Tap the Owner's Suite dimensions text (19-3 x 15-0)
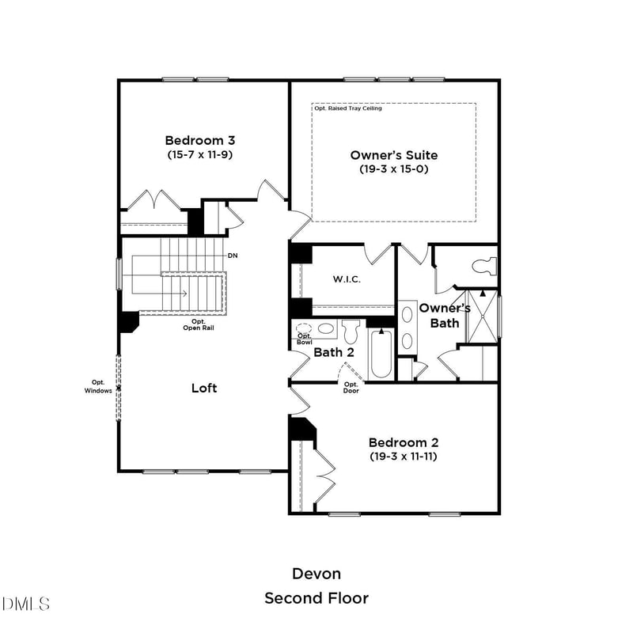393,169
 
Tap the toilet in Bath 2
351,329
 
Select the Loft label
204,388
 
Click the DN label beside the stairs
233,256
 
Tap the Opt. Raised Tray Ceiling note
348,108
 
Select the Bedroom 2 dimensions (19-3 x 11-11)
404,457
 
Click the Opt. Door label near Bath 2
351,388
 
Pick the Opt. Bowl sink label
304,339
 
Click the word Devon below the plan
316,573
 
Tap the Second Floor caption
316,598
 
